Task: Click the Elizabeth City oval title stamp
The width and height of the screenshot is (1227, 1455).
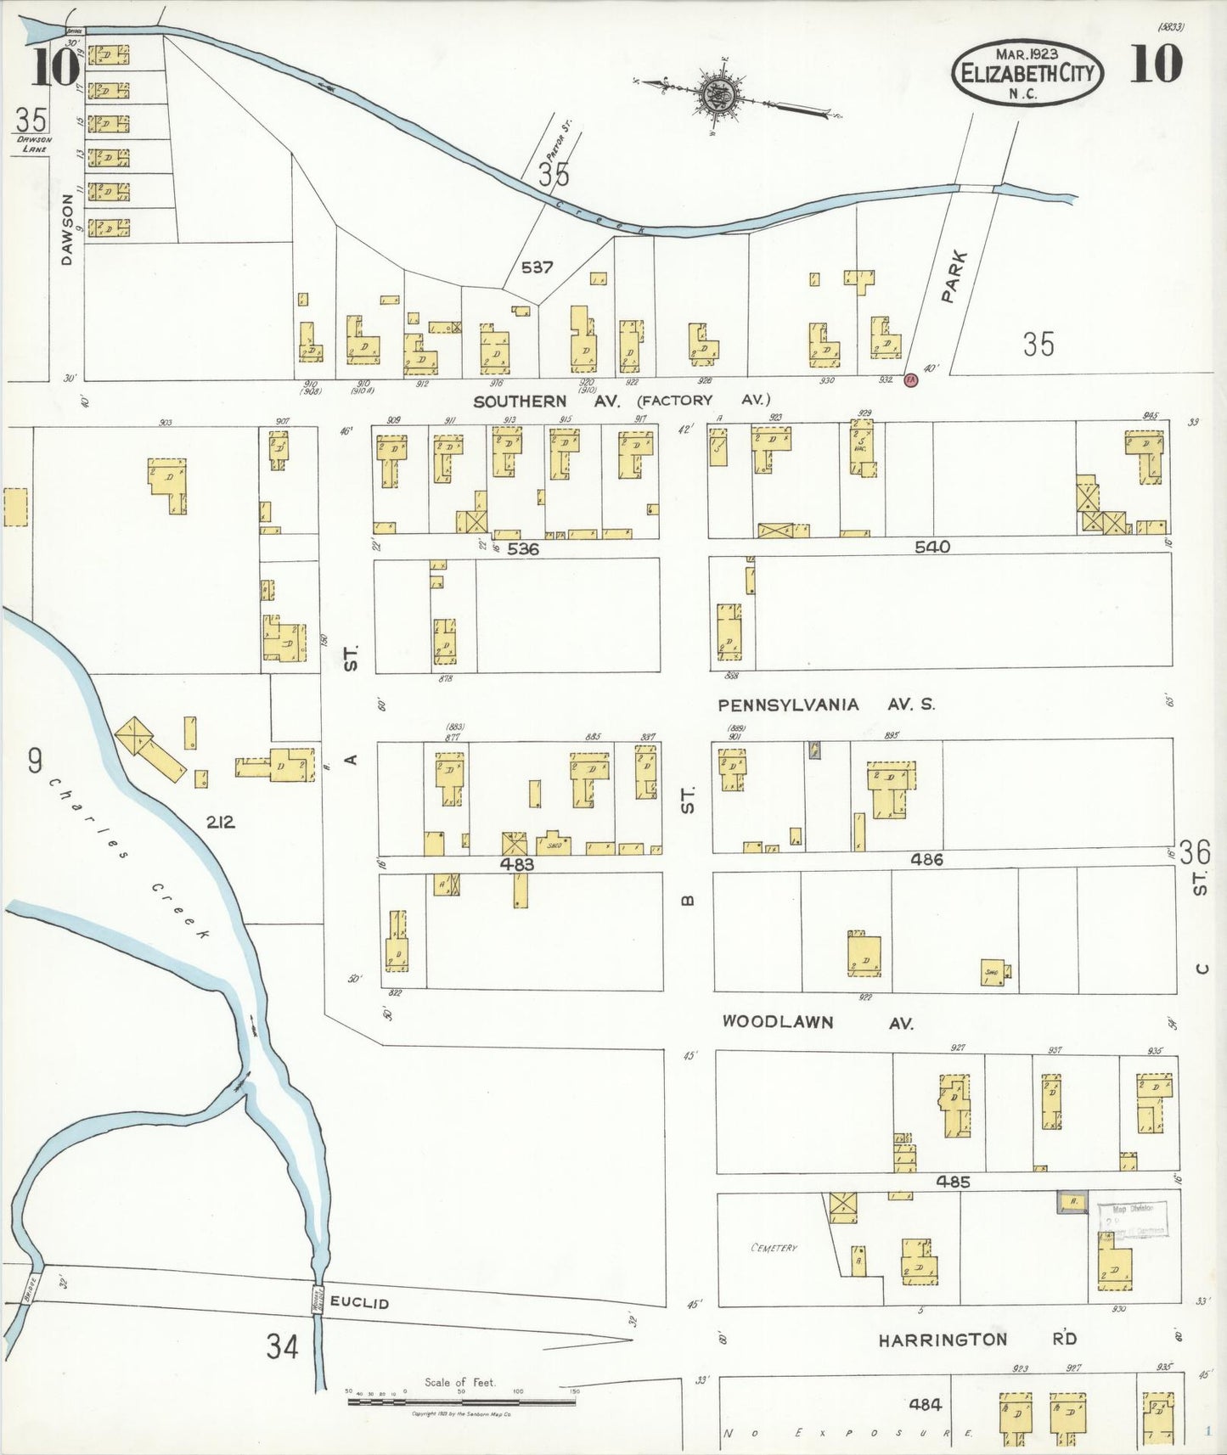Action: (x=1027, y=73)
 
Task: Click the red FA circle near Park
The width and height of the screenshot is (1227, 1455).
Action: (x=910, y=380)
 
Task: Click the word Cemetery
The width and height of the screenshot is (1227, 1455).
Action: (x=774, y=1248)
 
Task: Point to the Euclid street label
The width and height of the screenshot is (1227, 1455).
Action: (x=359, y=1302)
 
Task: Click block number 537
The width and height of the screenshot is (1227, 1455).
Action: (x=537, y=267)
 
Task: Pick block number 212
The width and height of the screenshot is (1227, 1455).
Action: (x=219, y=822)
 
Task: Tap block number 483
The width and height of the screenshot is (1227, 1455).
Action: (x=516, y=864)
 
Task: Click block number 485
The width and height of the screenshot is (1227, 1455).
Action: (x=953, y=1181)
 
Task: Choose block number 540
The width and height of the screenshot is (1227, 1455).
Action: (x=932, y=548)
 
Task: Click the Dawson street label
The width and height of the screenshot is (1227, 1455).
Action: (x=67, y=229)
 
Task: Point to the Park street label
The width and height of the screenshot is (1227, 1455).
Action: (x=955, y=277)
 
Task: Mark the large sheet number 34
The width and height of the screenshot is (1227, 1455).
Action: (x=282, y=1346)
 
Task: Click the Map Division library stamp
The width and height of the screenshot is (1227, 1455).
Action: (x=1132, y=1219)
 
